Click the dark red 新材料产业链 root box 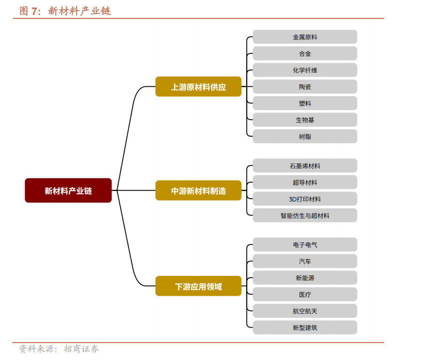point(68,191)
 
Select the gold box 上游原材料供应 point(198,87)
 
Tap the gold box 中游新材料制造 point(198,191)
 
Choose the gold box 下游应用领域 point(198,286)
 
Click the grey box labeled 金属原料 point(305,37)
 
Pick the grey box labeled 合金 point(305,53)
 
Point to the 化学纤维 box point(305,70)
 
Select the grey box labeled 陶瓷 point(305,87)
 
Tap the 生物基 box point(305,120)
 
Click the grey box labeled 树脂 point(305,136)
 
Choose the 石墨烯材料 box point(305,166)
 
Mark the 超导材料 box point(305,182)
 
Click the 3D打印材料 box point(305,199)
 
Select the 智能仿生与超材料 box point(305,216)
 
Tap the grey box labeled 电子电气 point(305,244)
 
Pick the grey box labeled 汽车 point(305,261)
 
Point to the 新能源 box point(305,278)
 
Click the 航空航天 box point(305,311)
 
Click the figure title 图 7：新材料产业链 point(65,11)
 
